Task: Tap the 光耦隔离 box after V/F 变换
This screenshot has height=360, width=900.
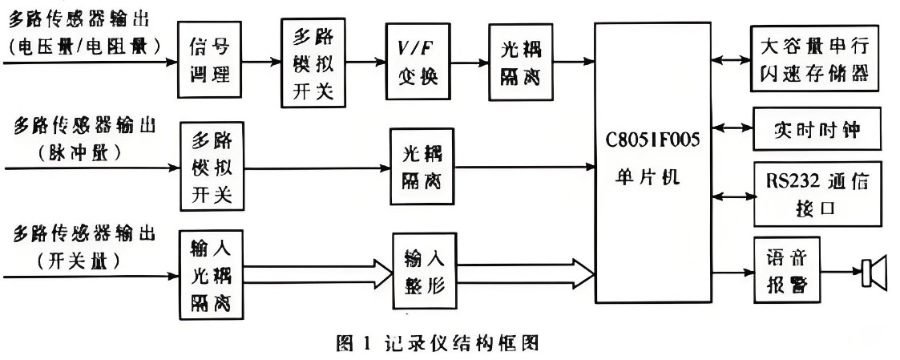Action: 514,62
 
